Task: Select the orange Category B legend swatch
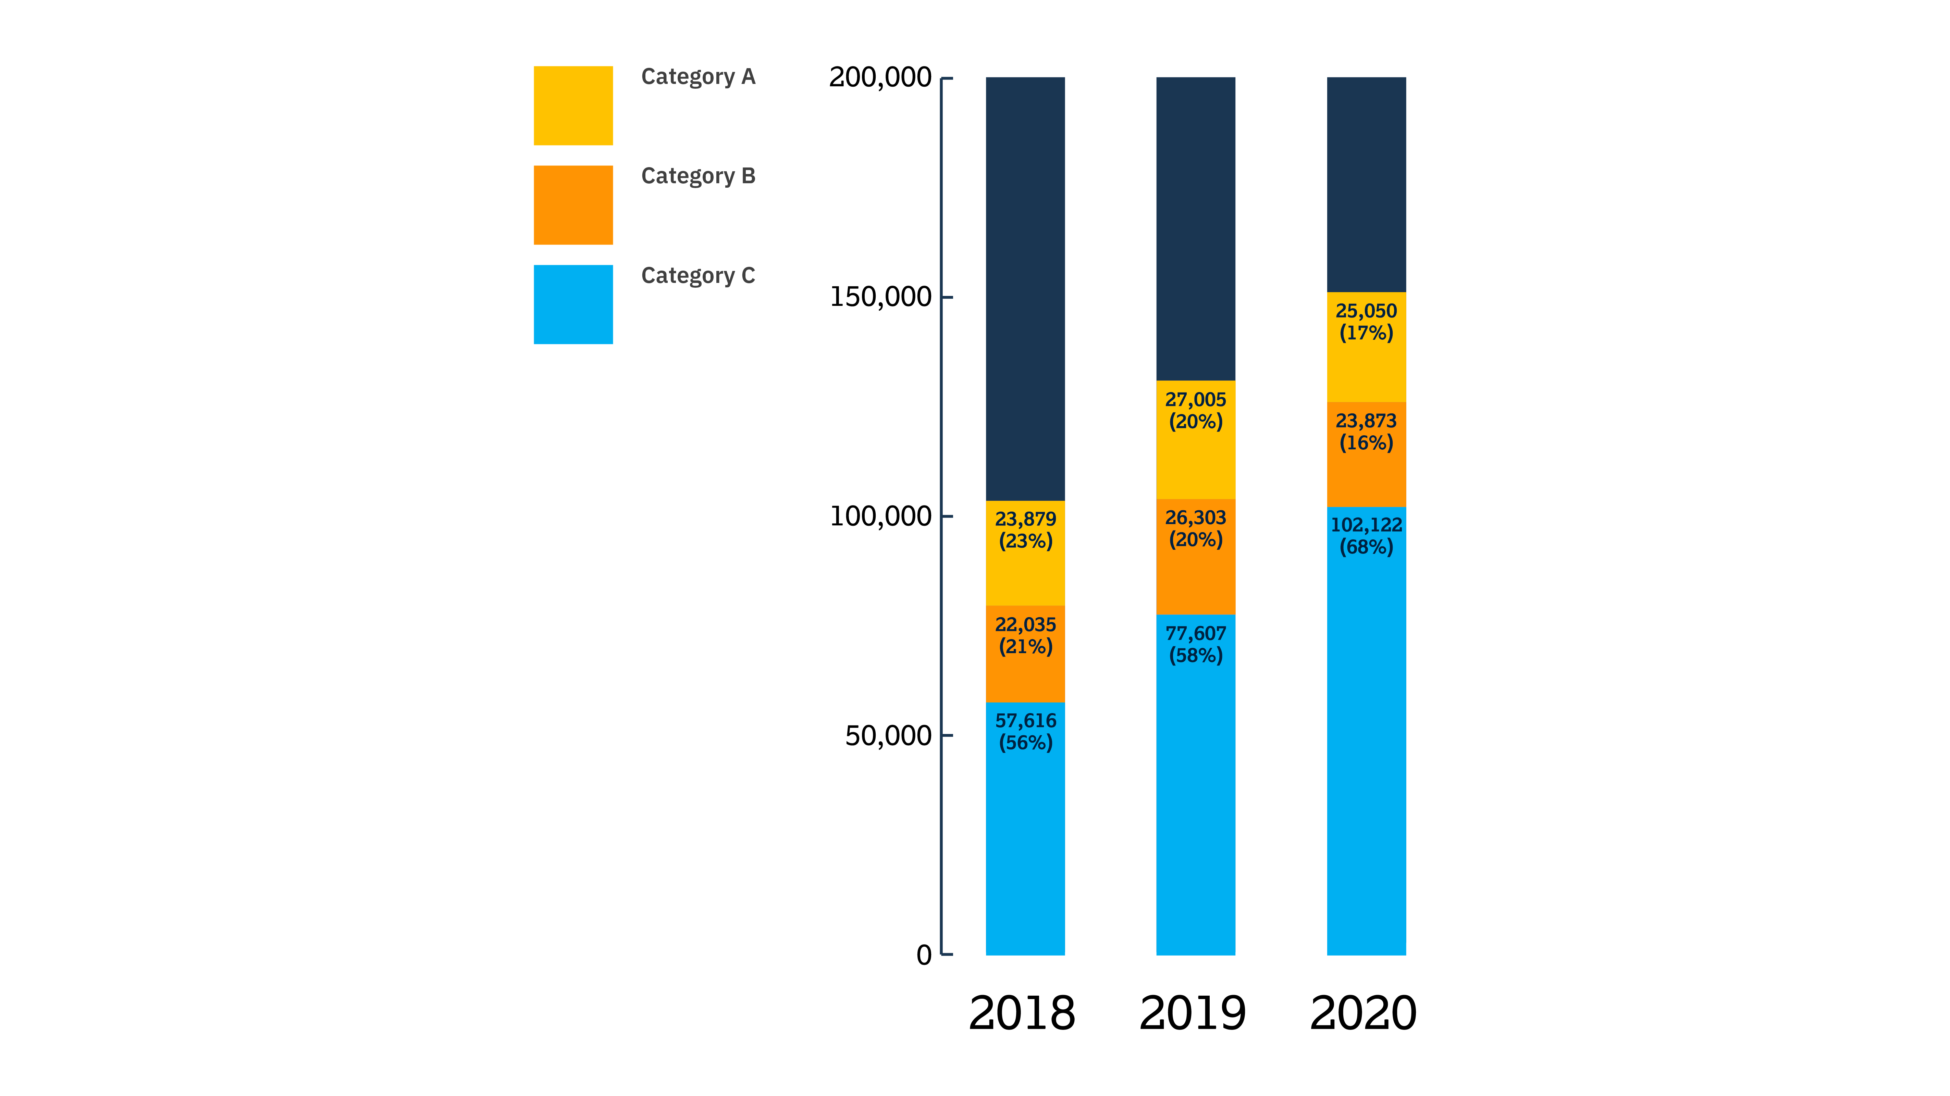click(x=573, y=205)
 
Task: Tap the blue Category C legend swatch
click(x=573, y=304)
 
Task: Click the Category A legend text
click(x=698, y=76)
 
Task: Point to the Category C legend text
click(x=698, y=275)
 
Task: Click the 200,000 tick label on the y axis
click(x=880, y=77)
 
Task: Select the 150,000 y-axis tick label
click(x=880, y=297)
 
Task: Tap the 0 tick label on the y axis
click(x=924, y=955)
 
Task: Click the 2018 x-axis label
click(x=1022, y=1013)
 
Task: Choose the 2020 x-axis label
click(x=1363, y=1013)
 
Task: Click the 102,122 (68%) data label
click(x=1366, y=536)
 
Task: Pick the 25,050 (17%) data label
click(x=1366, y=322)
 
